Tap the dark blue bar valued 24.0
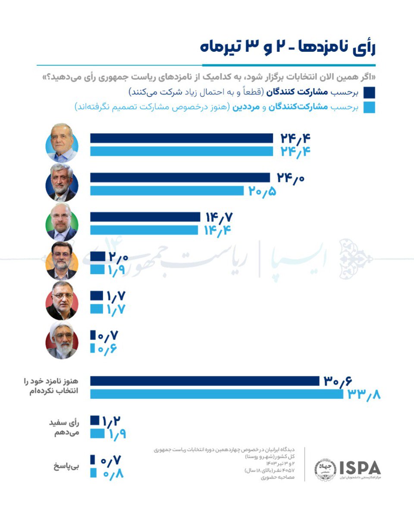(x=180, y=177)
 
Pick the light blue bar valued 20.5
(x=167, y=190)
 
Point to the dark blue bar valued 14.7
(x=145, y=217)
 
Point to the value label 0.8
(x=113, y=473)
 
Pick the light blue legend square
(x=369, y=107)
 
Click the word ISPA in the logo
(x=360, y=467)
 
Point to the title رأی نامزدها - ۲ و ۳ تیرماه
(x=288, y=47)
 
